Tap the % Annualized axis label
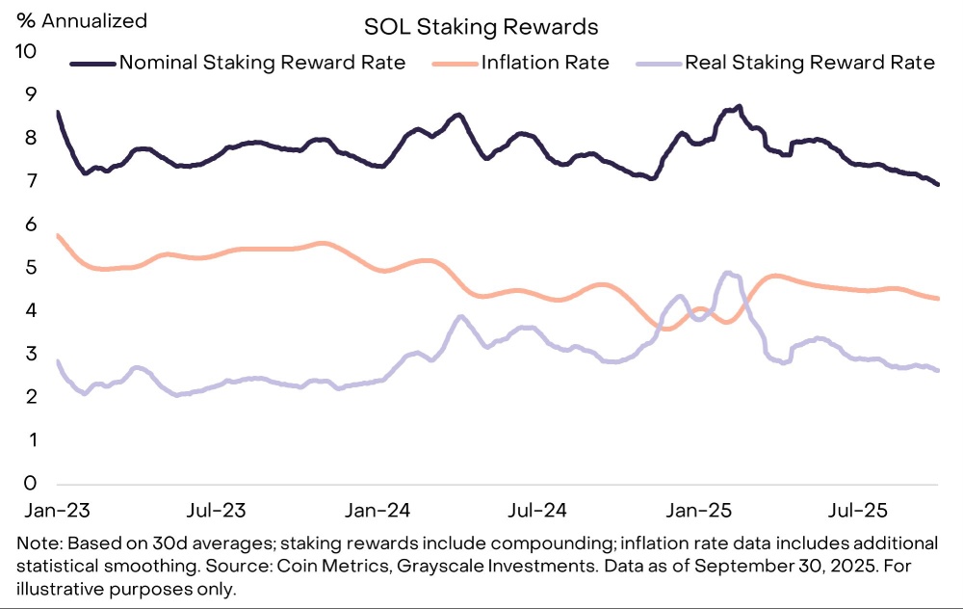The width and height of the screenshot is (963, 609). (80, 19)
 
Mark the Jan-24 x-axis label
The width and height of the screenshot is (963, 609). (379, 508)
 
